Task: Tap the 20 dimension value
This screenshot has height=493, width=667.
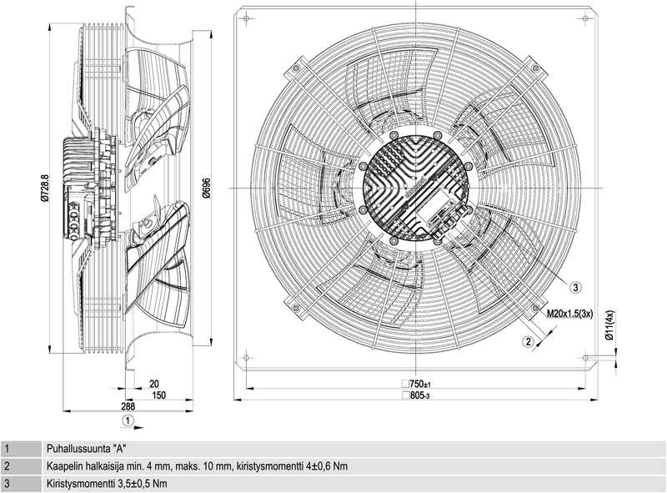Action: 153,384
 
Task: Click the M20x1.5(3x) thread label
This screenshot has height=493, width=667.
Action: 570,314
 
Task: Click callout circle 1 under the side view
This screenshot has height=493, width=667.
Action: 127,419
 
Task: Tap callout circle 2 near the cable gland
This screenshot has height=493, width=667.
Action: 528,341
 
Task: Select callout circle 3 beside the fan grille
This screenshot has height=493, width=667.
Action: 575,287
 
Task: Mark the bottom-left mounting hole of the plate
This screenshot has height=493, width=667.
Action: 246,358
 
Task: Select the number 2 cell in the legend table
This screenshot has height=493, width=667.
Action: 7,466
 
